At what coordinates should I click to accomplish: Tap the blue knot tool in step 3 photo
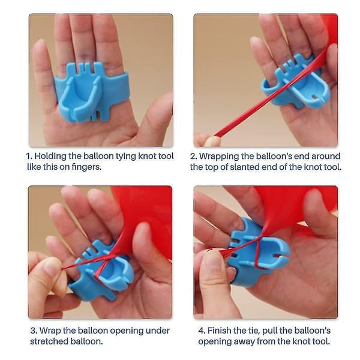[x=101, y=271]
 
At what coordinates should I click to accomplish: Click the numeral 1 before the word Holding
[x=29, y=156]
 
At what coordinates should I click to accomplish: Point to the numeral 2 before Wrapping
[x=193, y=156]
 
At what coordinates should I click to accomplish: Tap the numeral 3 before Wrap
[x=34, y=331]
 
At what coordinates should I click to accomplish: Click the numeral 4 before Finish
[x=202, y=331]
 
